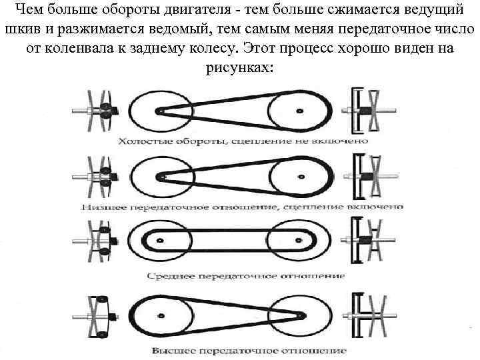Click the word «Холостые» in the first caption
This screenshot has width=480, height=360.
tap(143, 141)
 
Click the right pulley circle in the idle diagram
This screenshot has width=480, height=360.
tap(299, 111)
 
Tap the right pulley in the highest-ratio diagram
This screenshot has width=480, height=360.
tap(299, 314)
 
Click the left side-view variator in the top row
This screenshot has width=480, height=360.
tap(98, 110)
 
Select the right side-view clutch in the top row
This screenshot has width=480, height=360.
tap(367, 110)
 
